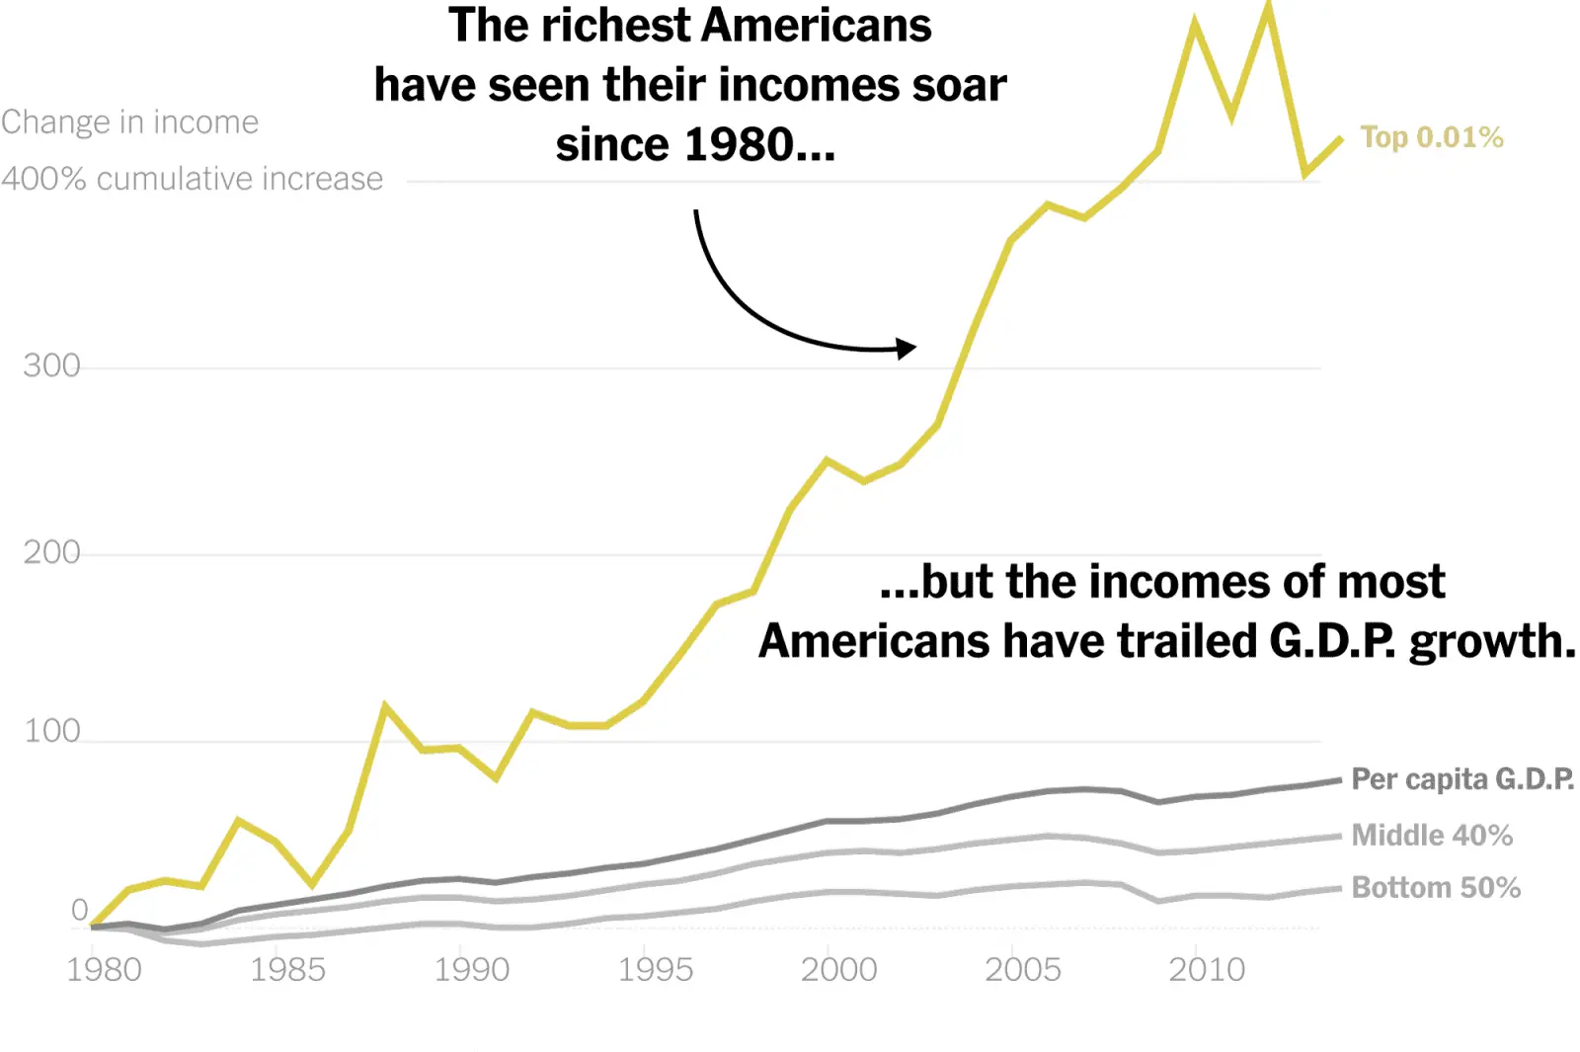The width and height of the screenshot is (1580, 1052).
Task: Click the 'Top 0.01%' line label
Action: [x=1431, y=137]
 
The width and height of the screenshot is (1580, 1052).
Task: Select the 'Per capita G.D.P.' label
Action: [x=1461, y=779]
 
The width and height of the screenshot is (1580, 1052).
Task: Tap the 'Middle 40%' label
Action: [x=1431, y=836]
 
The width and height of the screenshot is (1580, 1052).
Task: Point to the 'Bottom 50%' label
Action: [x=1435, y=888]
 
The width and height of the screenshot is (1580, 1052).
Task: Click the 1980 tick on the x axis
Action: [x=104, y=970]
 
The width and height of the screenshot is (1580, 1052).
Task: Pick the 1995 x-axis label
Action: [x=655, y=970]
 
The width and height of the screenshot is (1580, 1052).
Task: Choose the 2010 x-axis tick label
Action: [x=1206, y=970]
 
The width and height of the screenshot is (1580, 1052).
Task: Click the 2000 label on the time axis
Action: [x=838, y=970]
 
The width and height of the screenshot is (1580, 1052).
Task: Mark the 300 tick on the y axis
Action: [x=51, y=366]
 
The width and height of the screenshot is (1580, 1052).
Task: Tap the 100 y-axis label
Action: [x=51, y=732]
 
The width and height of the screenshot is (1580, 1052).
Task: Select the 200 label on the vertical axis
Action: [x=51, y=553]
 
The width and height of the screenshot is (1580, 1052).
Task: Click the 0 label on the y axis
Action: [x=79, y=911]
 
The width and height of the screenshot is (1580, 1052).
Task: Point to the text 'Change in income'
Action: [x=129, y=122]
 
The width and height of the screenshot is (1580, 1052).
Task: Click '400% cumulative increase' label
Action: [x=192, y=179]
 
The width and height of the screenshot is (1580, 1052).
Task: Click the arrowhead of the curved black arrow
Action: [x=907, y=348]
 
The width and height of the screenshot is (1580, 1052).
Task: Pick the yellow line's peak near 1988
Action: [x=384, y=706]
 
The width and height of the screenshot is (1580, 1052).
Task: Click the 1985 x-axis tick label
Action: [x=287, y=970]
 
